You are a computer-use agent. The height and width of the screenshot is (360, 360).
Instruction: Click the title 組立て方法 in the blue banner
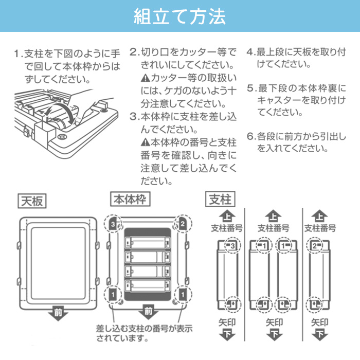tap(179, 17)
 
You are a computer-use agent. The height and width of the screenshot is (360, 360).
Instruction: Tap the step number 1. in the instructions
tap(19, 53)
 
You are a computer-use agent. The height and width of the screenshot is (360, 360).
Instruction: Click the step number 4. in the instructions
tap(251, 52)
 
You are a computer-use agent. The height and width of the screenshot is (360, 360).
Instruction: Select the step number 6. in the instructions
tap(251, 137)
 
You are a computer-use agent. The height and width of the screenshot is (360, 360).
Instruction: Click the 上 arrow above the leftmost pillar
tap(227, 215)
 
